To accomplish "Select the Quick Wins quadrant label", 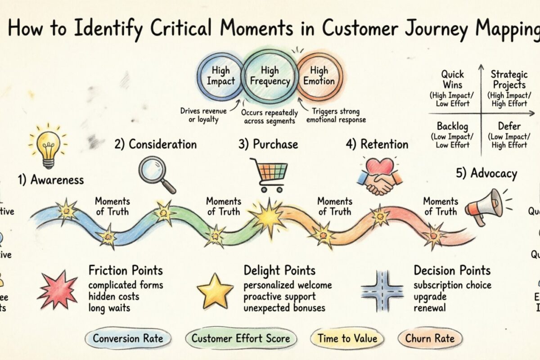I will click(x=452, y=79).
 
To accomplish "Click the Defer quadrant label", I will click(x=509, y=127).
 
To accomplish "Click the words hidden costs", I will click(x=114, y=297).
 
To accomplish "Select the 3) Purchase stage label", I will click(x=268, y=144).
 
